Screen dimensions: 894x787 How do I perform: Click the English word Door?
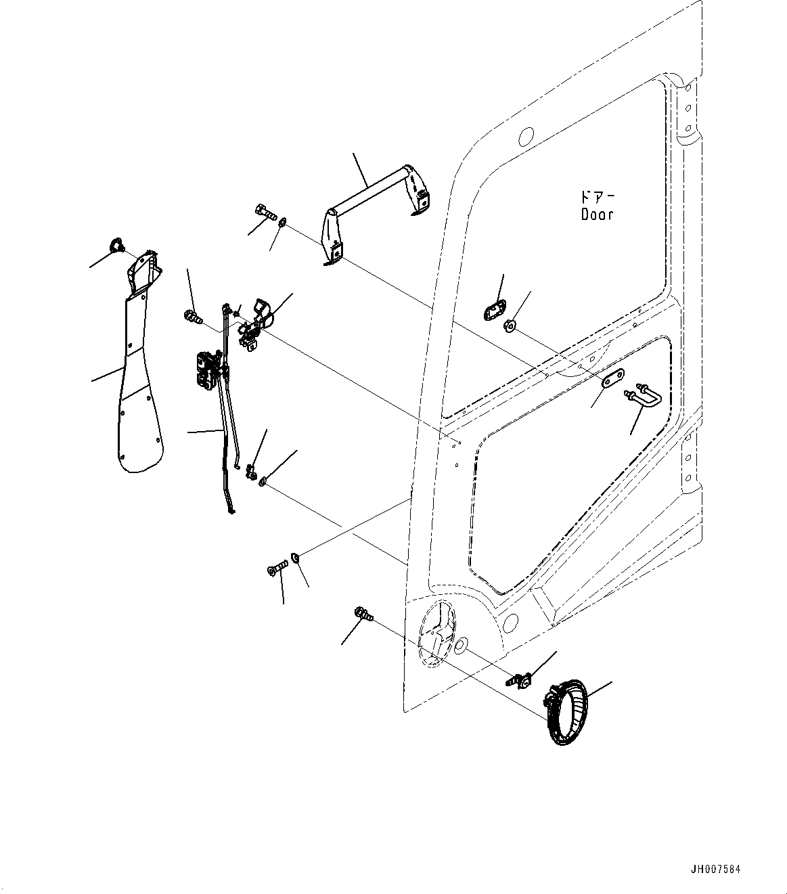click(x=598, y=215)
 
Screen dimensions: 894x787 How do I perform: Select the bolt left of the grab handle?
click(x=265, y=213)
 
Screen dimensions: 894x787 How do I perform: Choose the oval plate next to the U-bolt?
click(x=612, y=380)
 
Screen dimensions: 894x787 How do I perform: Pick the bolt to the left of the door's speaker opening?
click(x=363, y=615)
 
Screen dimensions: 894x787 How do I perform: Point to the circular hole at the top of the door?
click(x=525, y=136)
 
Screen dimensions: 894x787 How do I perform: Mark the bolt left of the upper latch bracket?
click(x=193, y=315)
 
